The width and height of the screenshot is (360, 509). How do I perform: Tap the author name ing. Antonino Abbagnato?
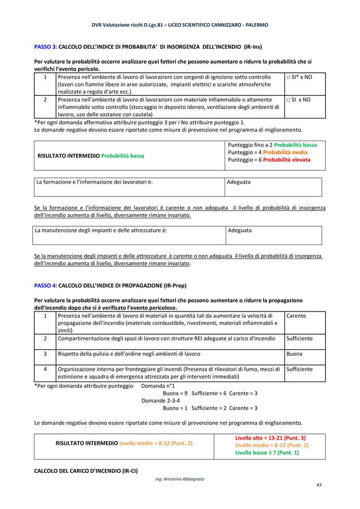point(179,479)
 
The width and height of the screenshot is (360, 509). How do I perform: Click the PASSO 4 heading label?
point(45,286)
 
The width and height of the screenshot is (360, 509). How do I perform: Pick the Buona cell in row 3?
point(295,354)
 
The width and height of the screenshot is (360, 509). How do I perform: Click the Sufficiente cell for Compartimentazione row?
point(299,339)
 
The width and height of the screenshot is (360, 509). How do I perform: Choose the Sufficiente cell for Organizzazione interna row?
point(299,369)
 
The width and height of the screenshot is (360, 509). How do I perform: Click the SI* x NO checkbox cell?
point(298,76)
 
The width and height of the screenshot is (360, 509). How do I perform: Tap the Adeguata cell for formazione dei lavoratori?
point(239,182)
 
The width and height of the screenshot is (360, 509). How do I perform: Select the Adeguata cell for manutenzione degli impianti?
point(240,230)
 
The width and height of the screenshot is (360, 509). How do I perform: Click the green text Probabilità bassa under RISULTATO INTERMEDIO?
point(122,155)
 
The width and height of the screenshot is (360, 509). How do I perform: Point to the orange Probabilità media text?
point(285,152)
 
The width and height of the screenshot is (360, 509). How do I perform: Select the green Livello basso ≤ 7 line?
point(267,453)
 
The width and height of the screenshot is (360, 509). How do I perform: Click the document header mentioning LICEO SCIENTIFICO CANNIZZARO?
point(179,25)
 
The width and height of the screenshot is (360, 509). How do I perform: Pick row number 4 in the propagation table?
point(45,369)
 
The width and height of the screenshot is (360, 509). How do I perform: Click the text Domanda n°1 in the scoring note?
point(157,386)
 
